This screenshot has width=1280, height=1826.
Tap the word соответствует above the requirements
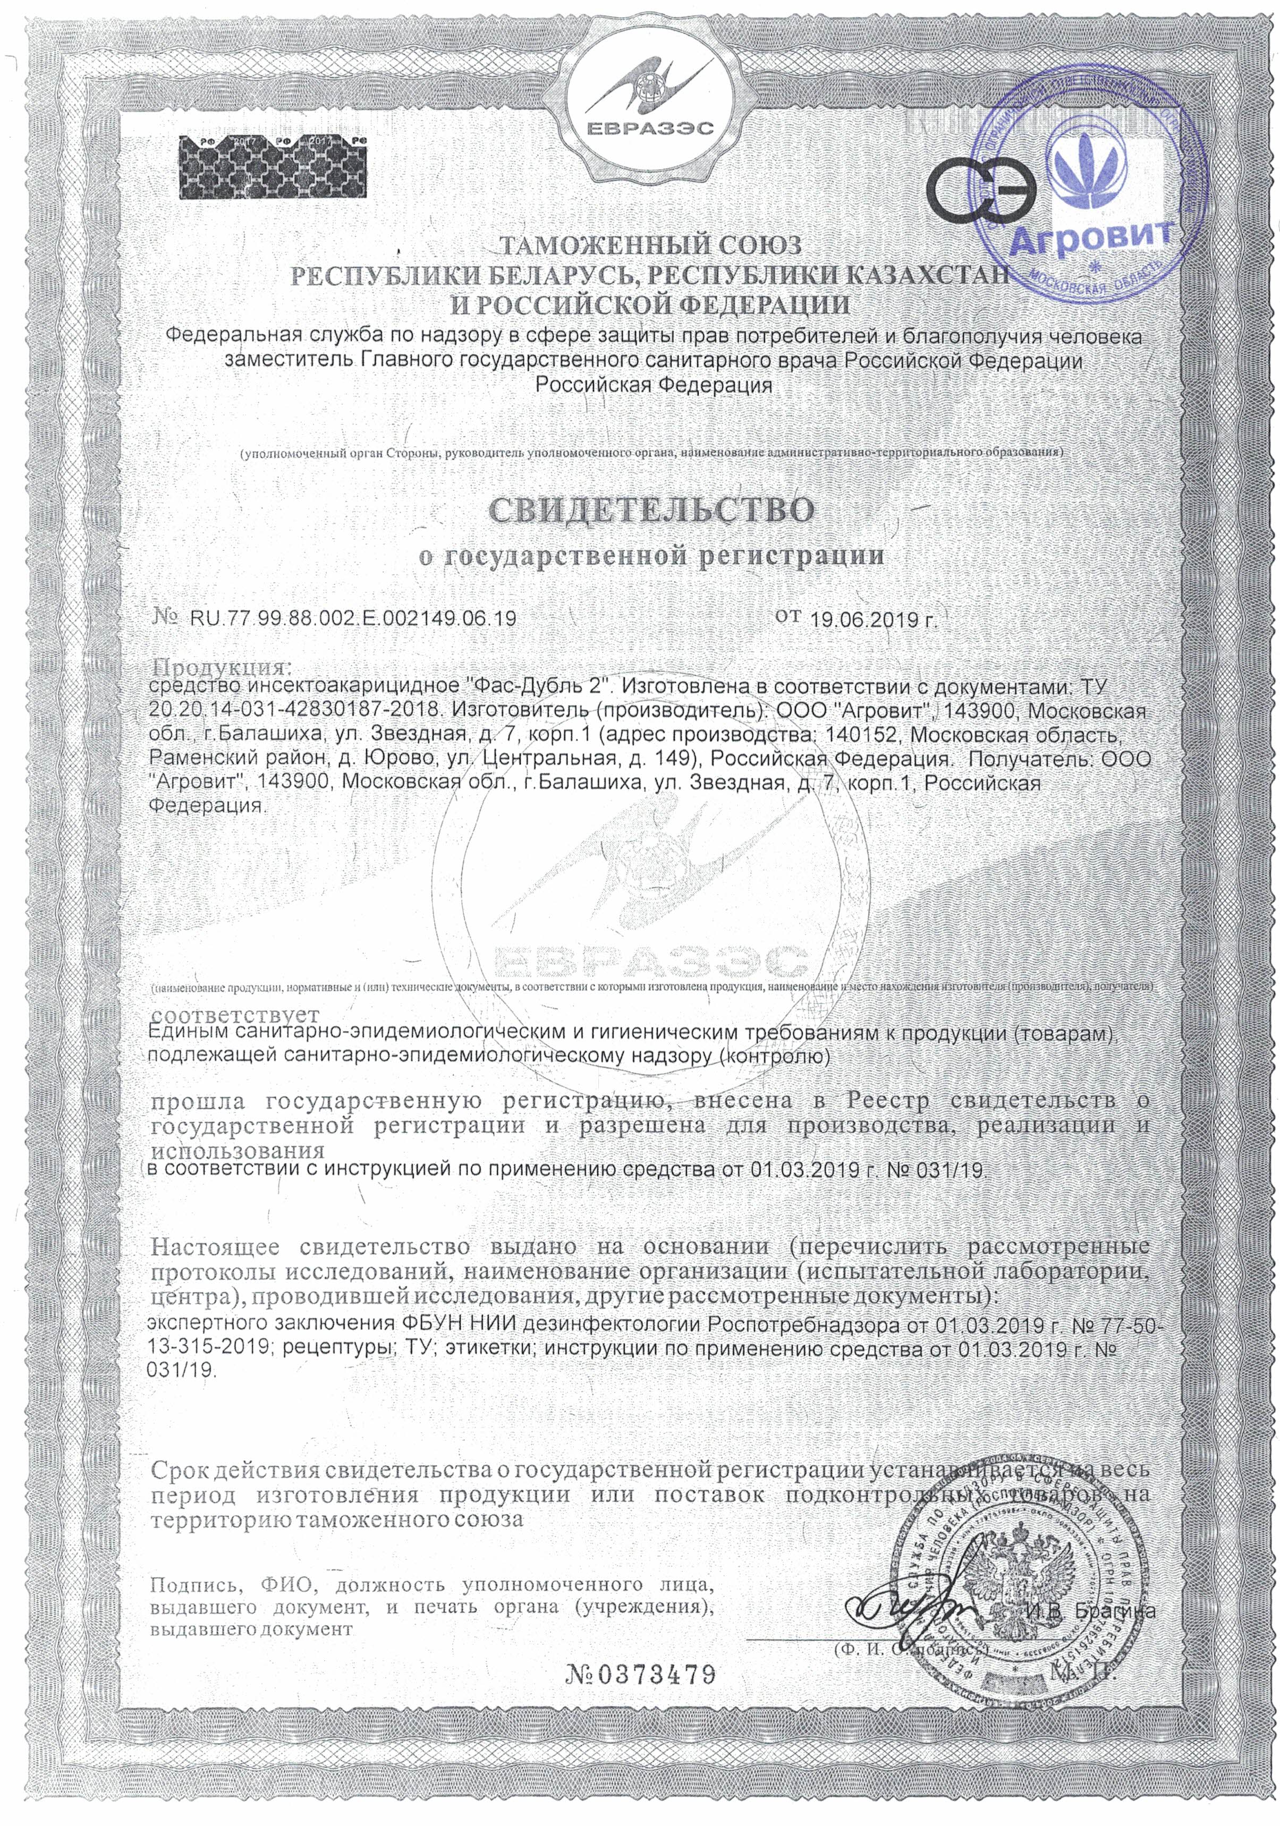point(235,1016)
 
